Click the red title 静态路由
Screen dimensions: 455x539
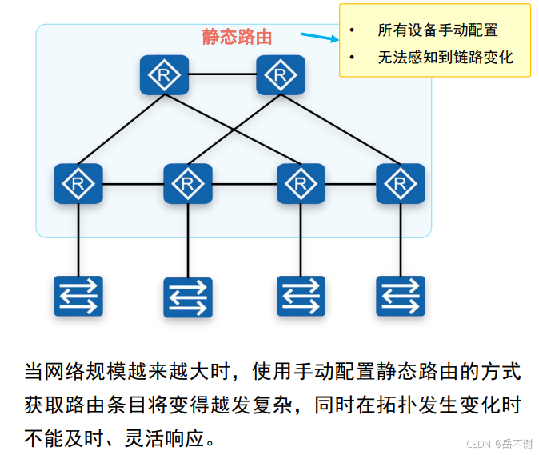tap(238, 38)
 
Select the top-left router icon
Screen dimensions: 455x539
tap(164, 76)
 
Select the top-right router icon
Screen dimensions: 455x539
tap(281, 76)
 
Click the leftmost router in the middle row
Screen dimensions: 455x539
tap(78, 183)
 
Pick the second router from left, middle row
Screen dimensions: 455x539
tap(188, 184)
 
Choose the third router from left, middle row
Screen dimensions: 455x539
tap(301, 184)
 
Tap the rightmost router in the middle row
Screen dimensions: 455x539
tap(400, 183)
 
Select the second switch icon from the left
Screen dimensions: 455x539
tap(188, 297)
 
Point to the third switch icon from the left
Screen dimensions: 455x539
tap(301, 296)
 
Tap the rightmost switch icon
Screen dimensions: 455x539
tap(400, 295)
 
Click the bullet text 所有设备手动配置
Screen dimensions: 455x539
tap(437, 30)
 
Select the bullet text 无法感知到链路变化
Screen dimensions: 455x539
tap(445, 58)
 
